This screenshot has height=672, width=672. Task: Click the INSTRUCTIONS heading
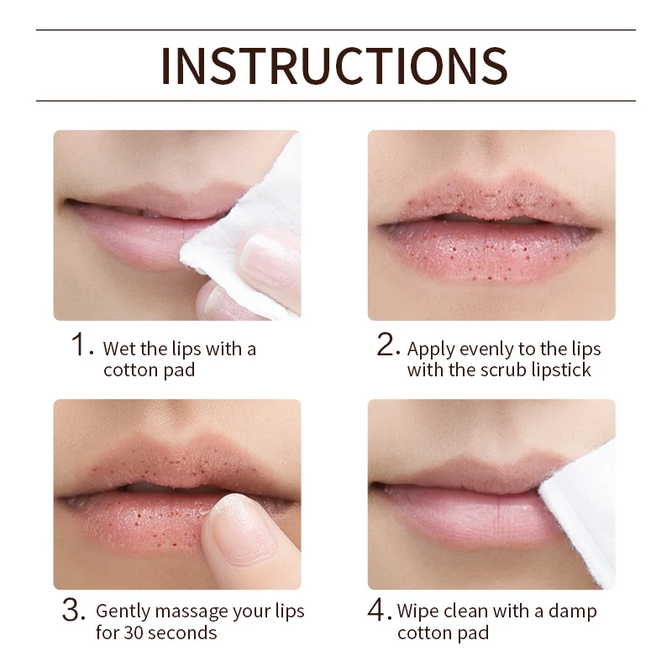(x=334, y=66)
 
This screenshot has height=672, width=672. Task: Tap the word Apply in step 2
(x=431, y=350)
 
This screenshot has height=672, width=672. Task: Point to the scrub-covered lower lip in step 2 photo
(x=489, y=249)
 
